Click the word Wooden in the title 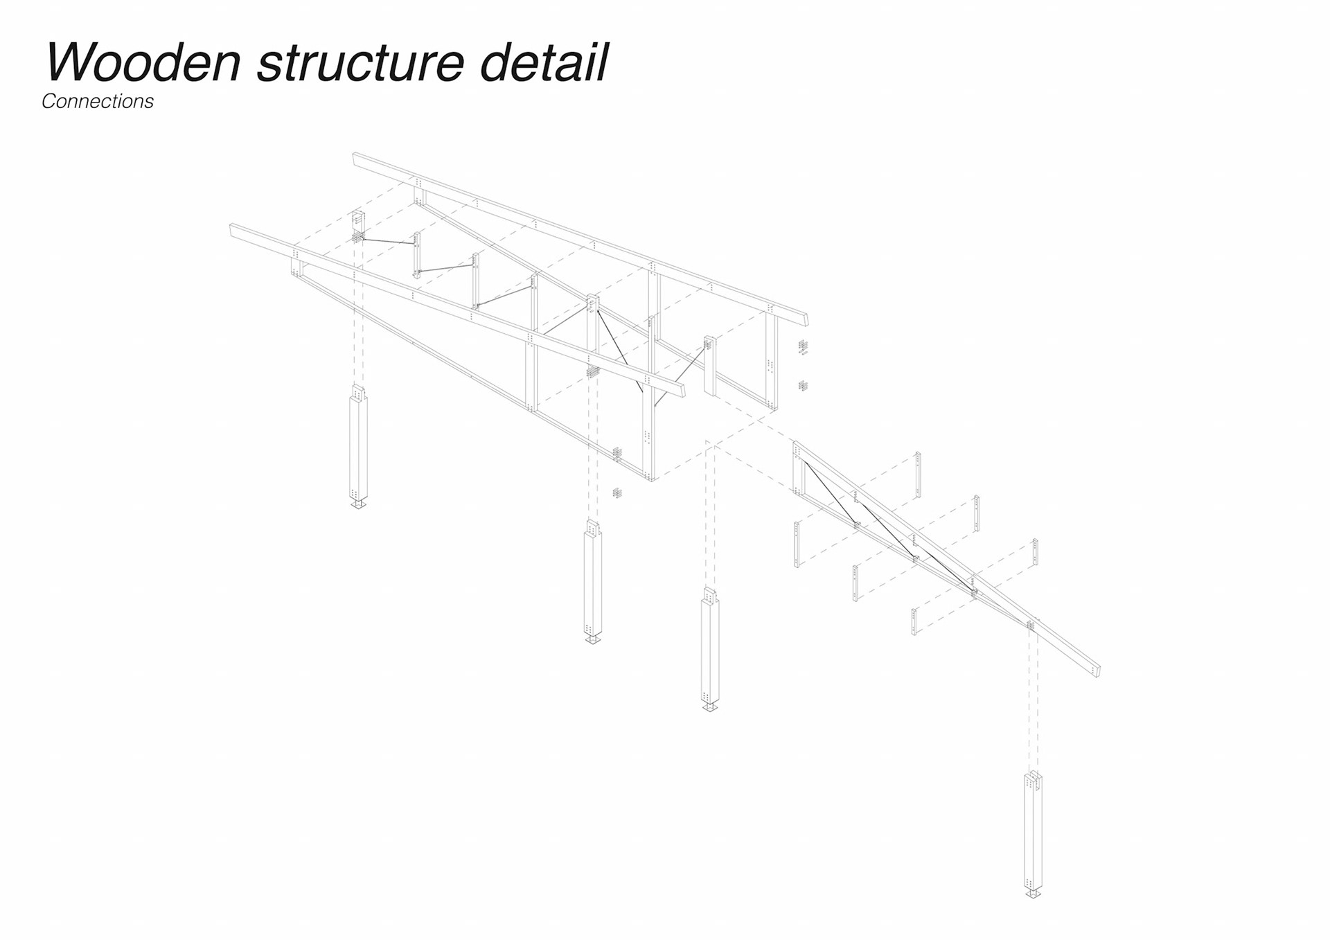[x=143, y=62]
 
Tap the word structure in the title [x=360, y=62]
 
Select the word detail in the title [x=543, y=62]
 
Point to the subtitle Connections [x=98, y=101]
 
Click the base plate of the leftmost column [x=358, y=504]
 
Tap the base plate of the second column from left [x=592, y=639]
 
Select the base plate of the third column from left [x=709, y=707]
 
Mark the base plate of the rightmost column [x=1033, y=894]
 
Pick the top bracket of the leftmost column [x=358, y=393]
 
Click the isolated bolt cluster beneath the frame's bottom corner [x=617, y=493]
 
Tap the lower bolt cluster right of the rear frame [x=804, y=385]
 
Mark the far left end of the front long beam [x=233, y=229]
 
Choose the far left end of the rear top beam [x=356, y=159]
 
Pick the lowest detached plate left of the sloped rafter [x=914, y=621]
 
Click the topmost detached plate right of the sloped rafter [x=918, y=475]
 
